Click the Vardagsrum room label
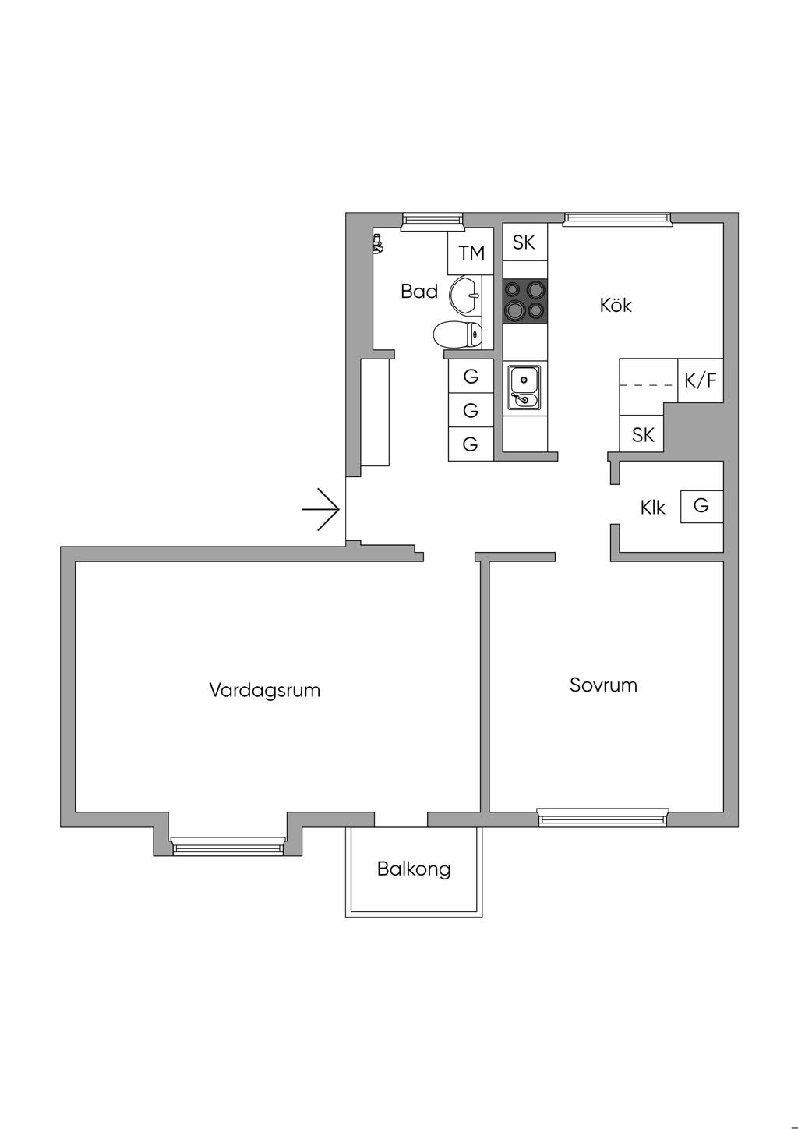click(265, 690)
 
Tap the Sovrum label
click(603, 685)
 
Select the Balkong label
click(414, 869)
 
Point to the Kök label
click(616, 305)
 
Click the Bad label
click(419, 292)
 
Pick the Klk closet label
click(652, 508)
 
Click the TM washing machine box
click(471, 253)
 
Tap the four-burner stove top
click(524, 301)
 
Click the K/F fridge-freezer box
click(700, 380)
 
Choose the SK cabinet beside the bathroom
click(524, 242)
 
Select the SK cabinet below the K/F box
click(642, 434)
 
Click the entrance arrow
click(321, 510)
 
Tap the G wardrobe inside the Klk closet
click(701, 506)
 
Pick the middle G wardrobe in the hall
click(471, 410)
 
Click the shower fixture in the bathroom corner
click(379, 245)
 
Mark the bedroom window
click(603, 816)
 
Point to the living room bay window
click(228, 846)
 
